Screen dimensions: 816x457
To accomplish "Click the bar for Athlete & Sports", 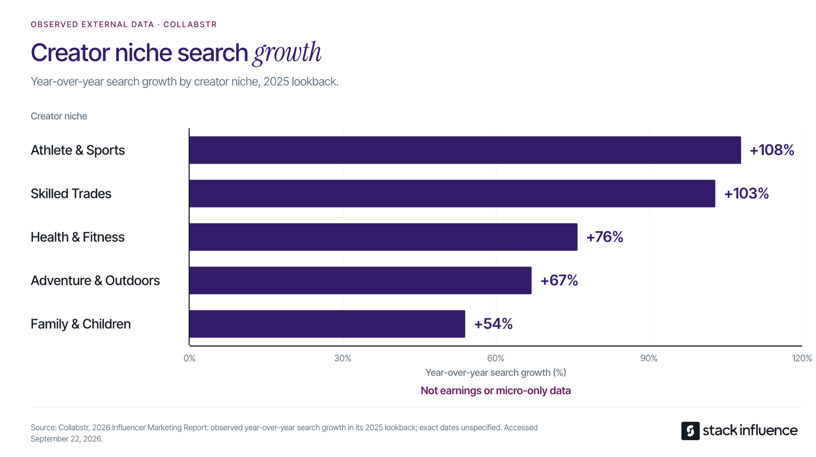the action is click(465, 150).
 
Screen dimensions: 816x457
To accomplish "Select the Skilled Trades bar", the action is click(452, 194).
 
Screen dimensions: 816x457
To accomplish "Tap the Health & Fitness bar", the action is click(383, 237).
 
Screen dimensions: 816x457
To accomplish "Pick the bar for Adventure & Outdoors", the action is click(360, 280).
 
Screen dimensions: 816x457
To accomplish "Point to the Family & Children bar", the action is click(327, 324).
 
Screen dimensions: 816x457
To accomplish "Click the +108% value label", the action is click(772, 150).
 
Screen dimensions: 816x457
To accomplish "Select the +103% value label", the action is click(746, 194).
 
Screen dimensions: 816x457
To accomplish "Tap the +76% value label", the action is click(604, 237).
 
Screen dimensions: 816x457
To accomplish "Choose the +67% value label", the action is click(559, 280).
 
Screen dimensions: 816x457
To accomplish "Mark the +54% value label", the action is click(493, 324).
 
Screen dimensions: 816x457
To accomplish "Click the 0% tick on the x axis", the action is click(190, 358).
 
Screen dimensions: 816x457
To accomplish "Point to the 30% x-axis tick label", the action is click(343, 358).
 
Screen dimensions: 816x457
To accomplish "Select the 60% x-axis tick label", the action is click(496, 358).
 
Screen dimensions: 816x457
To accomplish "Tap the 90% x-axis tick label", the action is click(649, 358).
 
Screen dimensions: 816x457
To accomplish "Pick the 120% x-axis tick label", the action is click(802, 358).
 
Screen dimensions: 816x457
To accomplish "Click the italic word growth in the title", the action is click(287, 53).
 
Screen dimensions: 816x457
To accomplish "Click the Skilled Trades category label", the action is click(71, 194).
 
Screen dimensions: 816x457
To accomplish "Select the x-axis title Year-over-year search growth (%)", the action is click(496, 373).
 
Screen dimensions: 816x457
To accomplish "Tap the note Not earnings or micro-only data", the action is click(496, 390).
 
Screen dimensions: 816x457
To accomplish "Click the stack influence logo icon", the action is click(690, 431).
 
